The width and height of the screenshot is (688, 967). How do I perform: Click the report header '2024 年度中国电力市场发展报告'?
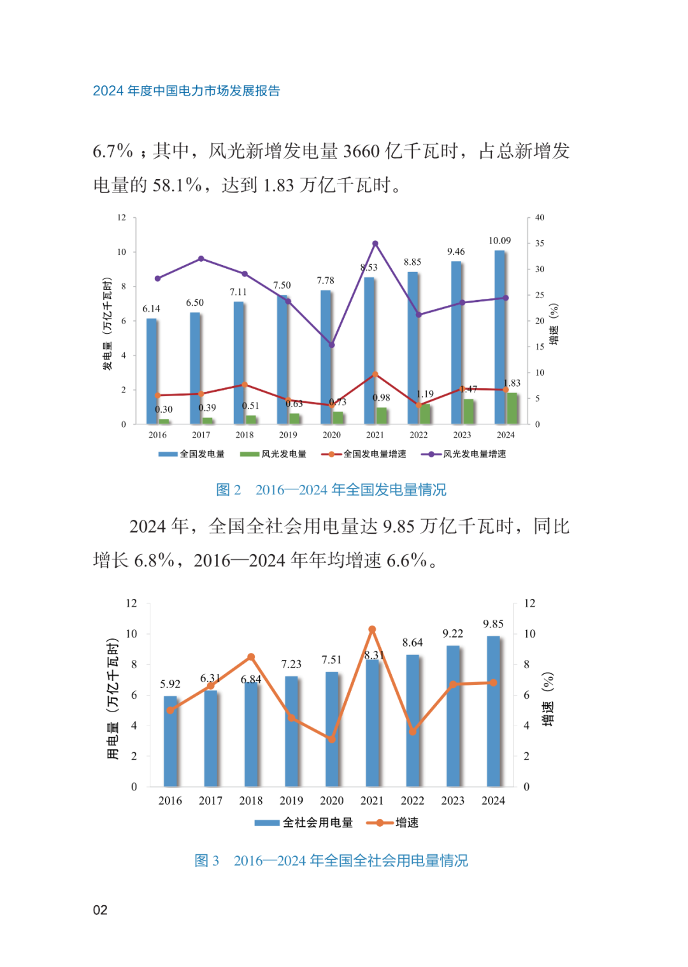(x=186, y=91)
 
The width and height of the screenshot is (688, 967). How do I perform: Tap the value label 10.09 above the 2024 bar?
(x=499, y=241)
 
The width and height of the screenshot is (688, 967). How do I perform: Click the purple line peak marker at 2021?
(x=375, y=244)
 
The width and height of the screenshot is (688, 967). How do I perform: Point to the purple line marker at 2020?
(x=331, y=345)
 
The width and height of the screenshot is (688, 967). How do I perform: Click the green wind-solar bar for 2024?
(x=512, y=408)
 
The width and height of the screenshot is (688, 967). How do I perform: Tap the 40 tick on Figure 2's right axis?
(x=540, y=218)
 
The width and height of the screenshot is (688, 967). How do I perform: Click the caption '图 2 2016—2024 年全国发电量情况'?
(x=331, y=490)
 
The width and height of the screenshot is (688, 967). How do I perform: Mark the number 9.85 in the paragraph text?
(x=398, y=527)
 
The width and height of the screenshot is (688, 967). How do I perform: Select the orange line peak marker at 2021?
(x=372, y=629)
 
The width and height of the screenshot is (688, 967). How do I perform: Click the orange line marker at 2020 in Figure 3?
(x=331, y=739)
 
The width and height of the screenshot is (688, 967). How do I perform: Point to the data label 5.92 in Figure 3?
(x=170, y=684)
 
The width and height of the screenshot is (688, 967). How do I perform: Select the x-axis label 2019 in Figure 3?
(x=291, y=801)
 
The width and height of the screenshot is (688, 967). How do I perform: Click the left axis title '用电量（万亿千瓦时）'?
(x=113, y=698)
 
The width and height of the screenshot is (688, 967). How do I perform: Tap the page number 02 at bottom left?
(x=100, y=910)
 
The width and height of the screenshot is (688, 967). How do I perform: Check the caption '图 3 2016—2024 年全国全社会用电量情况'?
(x=331, y=861)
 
